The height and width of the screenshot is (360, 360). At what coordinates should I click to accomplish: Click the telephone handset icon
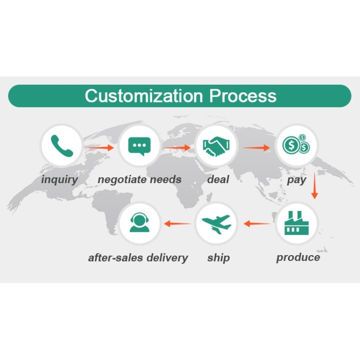coord(62,146)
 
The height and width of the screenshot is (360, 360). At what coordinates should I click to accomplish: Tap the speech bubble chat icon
coord(139,146)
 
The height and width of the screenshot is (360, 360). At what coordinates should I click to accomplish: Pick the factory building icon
coord(296,223)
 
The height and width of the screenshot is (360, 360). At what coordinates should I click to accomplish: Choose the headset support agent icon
coord(139,223)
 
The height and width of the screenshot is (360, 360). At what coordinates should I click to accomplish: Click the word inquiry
coord(59,180)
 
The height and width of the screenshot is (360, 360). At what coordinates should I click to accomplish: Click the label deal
coord(218,180)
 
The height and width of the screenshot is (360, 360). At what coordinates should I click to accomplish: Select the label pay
coord(297,180)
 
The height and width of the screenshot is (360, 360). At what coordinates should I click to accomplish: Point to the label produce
coord(298,257)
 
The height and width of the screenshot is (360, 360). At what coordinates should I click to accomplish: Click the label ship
coord(218,258)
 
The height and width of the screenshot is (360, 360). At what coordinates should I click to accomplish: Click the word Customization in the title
coord(144,96)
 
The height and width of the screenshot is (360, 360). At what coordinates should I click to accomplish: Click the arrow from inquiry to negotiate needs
coord(100,147)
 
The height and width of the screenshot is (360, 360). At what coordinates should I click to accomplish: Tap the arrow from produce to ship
coord(257,223)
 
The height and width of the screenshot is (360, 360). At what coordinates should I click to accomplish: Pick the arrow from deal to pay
coord(257,147)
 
